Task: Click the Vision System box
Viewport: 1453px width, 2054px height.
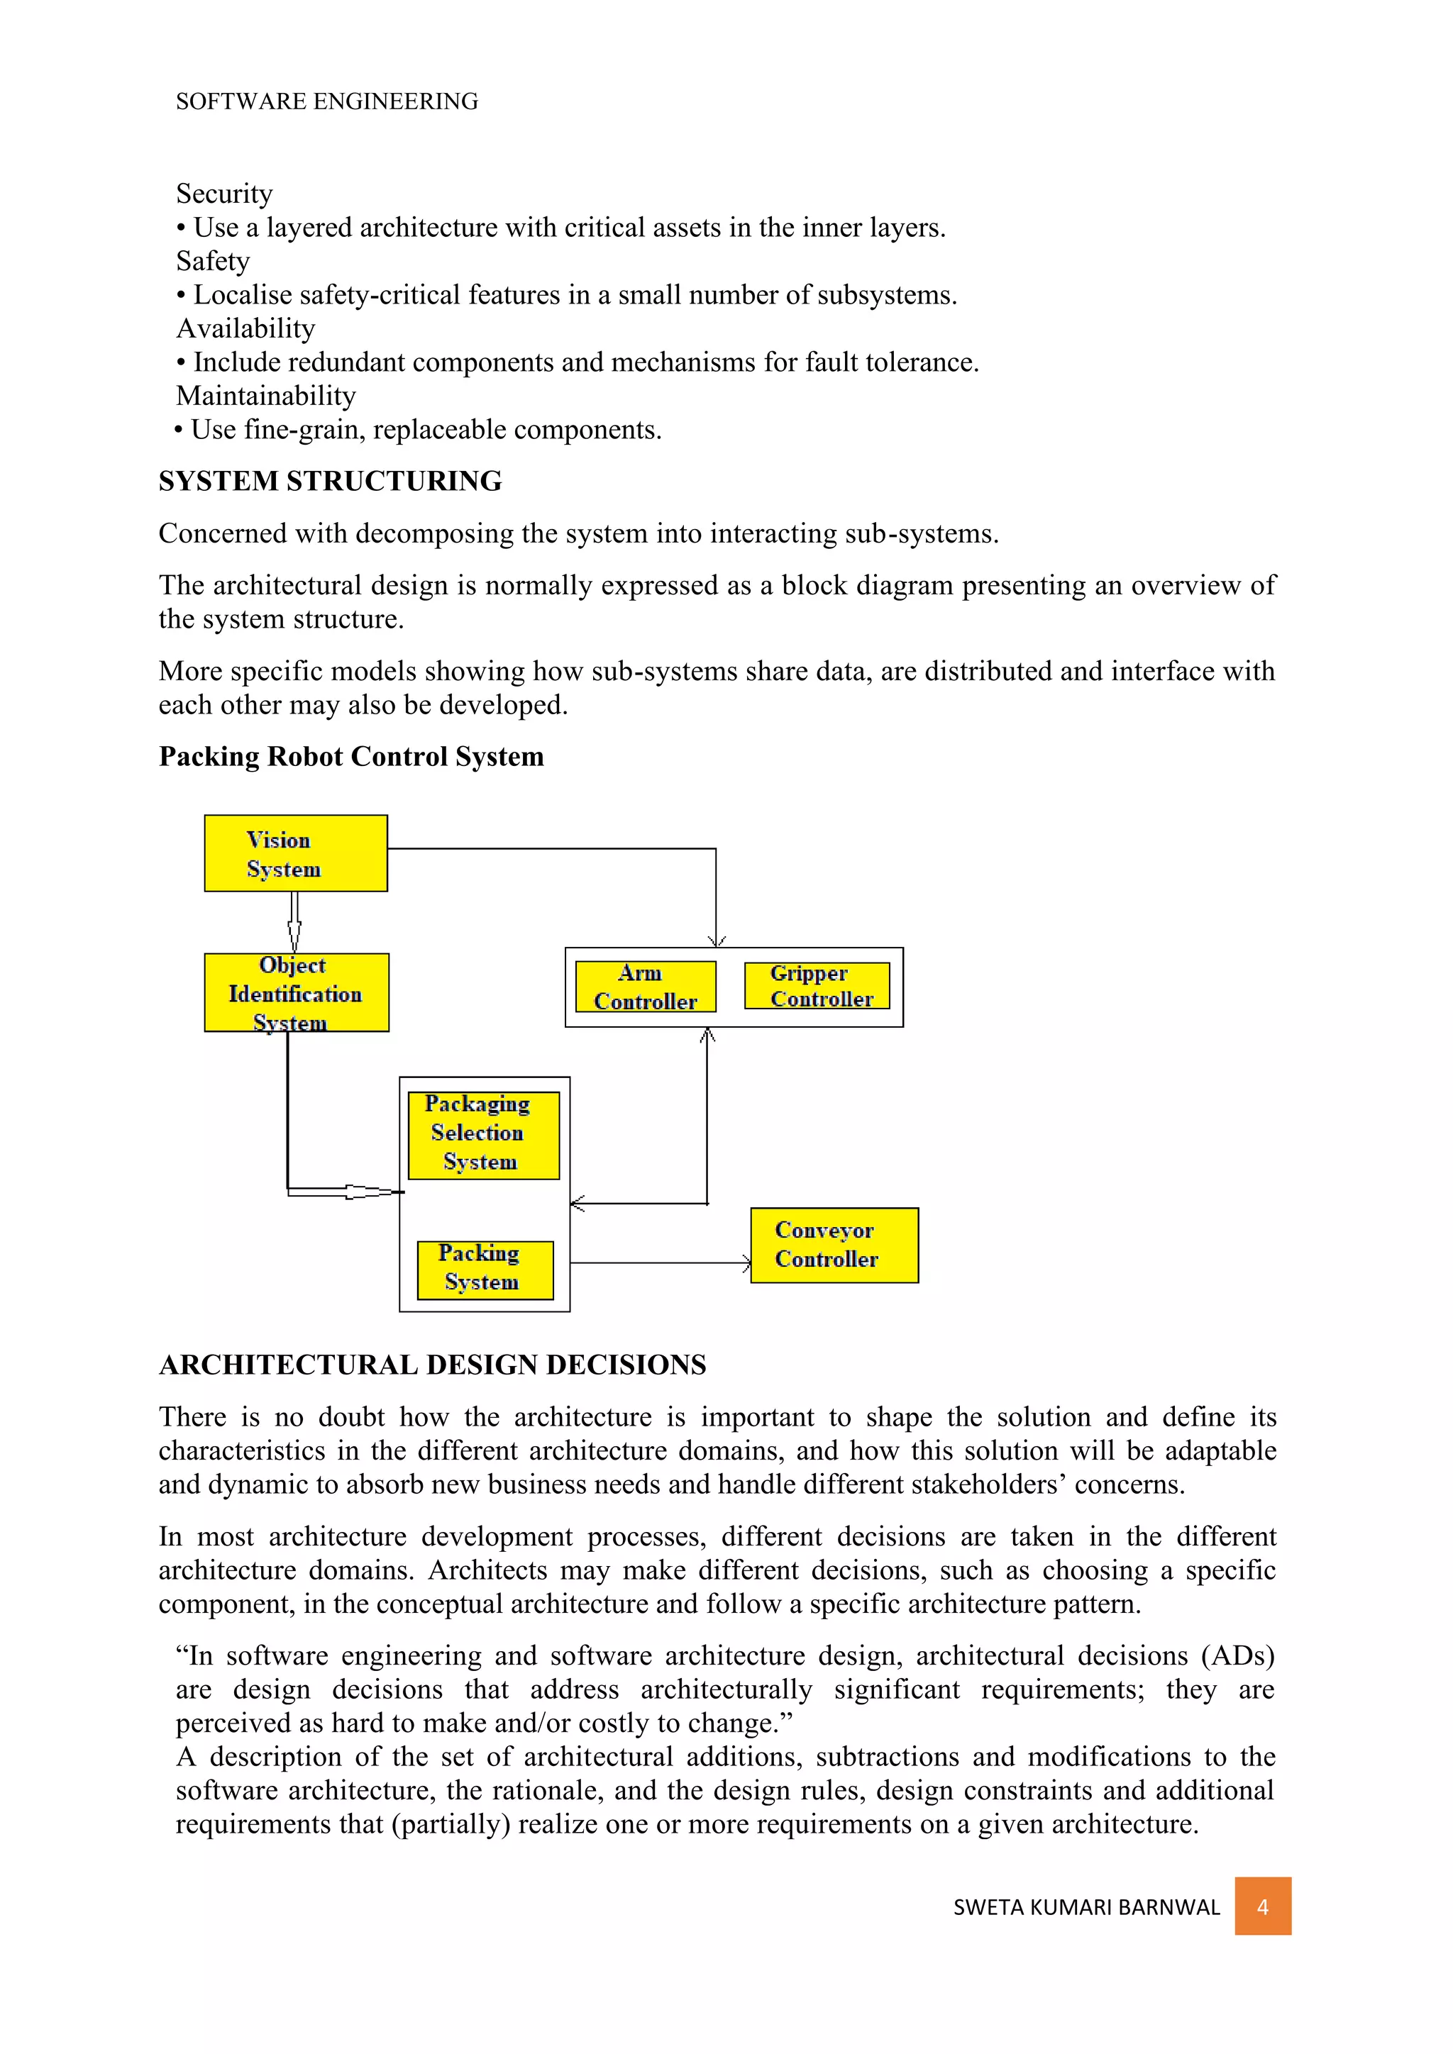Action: (x=295, y=853)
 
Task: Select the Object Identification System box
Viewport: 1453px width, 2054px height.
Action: (x=296, y=992)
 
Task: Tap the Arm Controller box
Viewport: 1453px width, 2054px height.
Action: (x=645, y=987)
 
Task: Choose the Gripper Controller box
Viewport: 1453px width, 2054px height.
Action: (x=817, y=986)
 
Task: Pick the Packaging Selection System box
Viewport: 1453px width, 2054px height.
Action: (x=483, y=1134)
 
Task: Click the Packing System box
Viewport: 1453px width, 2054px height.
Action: (x=485, y=1270)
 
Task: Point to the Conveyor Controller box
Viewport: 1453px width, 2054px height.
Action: (x=834, y=1245)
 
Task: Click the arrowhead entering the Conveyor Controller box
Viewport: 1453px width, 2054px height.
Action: (x=746, y=1263)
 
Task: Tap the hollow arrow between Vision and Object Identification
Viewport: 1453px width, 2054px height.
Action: (x=294, y=922)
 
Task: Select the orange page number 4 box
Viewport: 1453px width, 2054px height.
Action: (x=1262, y=1906)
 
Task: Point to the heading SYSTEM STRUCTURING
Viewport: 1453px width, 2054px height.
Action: (x=330, y=482)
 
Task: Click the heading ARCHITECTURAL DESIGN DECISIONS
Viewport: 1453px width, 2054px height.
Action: (x=432, y=1365)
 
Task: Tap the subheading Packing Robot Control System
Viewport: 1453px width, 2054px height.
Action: (x=350, y=757)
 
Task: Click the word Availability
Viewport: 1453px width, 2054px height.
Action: (x=245, y=329)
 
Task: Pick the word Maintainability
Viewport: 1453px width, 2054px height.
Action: (x=266, y=396)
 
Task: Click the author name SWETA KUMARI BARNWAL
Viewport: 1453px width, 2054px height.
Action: (x=1086, y=1907)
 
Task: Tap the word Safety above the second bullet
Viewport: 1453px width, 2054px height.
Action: (x=213, y=261)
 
